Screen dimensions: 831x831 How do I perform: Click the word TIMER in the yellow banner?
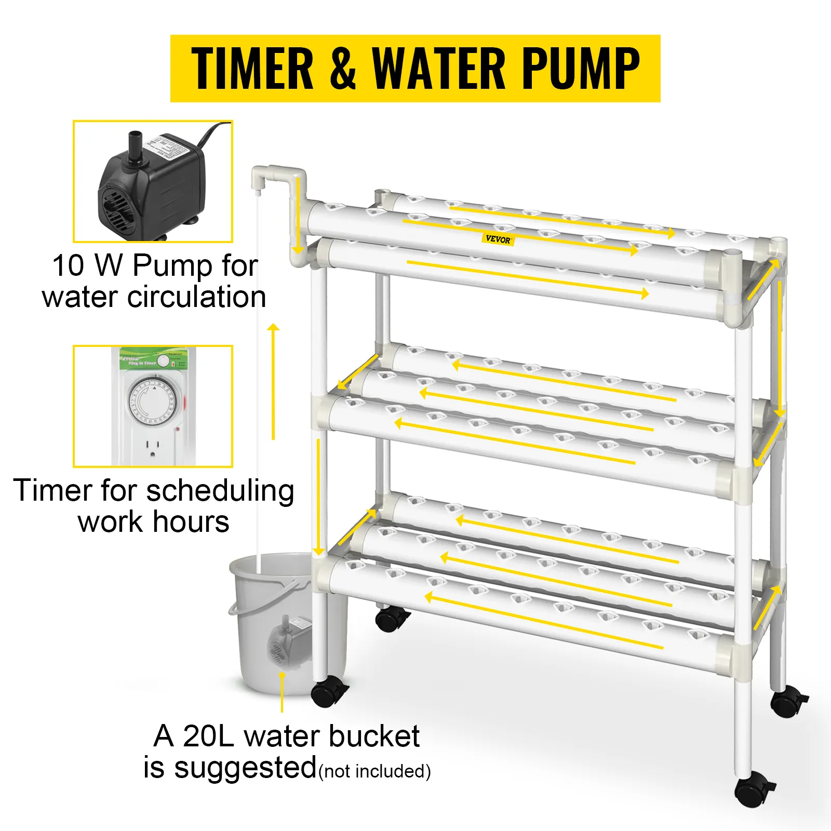pyautogui.click(x=252, y=69)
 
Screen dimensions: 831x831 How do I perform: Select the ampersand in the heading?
pyautogui.click(x=343, y=69)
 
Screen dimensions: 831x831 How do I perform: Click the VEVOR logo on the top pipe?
pyautogui.click(x=498, y=239)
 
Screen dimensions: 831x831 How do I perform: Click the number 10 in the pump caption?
pyautogui.click(x=68, y=265)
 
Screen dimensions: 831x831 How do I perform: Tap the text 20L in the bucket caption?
pyautogui.click(x=209, y=736)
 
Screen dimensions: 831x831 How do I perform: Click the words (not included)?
pyautogui.click(x=374, y=771)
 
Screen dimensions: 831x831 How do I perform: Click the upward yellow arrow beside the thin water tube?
pyautogui.click(x=273, y=382)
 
